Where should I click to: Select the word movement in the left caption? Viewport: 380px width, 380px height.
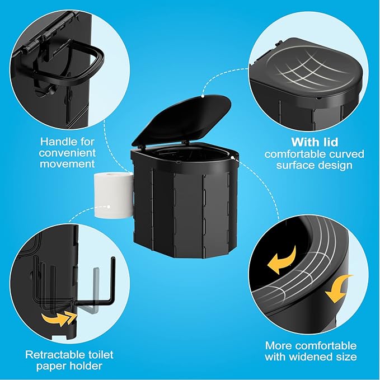click(67, 164)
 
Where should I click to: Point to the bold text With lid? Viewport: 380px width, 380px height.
click(315, 142)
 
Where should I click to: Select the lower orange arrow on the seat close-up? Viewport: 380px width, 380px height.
click(339, 289)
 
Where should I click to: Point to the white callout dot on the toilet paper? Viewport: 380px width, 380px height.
click(109, 207)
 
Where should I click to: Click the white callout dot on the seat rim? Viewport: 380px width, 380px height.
click(232, 157)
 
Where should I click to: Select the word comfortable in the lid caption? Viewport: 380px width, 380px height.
click(292, 154)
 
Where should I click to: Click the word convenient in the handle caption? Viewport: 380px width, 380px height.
click(67, 153)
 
